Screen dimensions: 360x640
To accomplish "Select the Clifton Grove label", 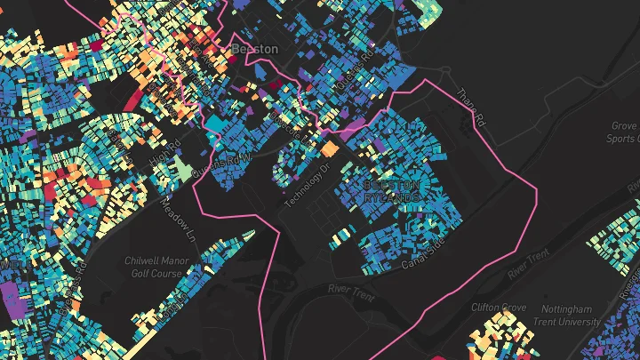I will pos(500,308).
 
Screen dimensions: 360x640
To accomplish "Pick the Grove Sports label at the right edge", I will pos(624,132).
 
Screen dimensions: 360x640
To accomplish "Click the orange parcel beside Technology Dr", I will pos(330,148).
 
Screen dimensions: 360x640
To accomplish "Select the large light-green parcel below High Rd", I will pos(182,168).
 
